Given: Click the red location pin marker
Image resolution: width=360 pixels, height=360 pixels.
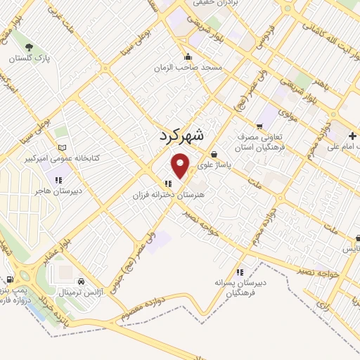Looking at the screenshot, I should (181, 166).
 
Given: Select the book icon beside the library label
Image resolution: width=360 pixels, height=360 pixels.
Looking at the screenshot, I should (63, 148).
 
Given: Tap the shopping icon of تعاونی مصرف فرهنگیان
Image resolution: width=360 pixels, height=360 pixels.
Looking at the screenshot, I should (259, 127).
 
